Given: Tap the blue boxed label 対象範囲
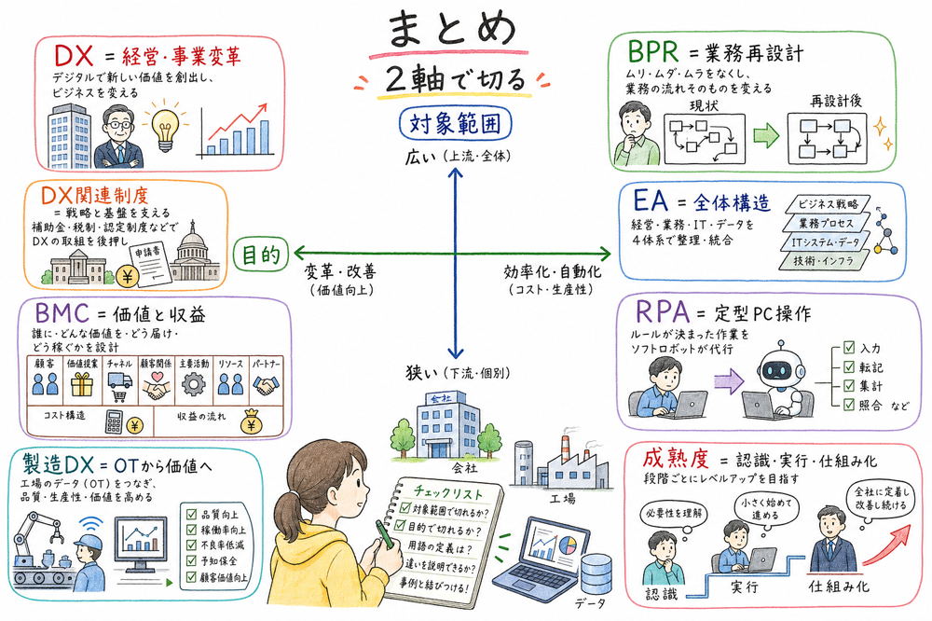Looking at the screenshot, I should pos(454,123).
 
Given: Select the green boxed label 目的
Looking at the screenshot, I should pos(261,255).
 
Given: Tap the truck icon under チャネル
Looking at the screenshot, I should pos(120,384).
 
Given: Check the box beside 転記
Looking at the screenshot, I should pos(848,367).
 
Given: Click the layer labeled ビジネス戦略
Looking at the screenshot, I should pos(829,203).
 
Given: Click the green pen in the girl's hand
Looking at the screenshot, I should pos(385,535).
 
